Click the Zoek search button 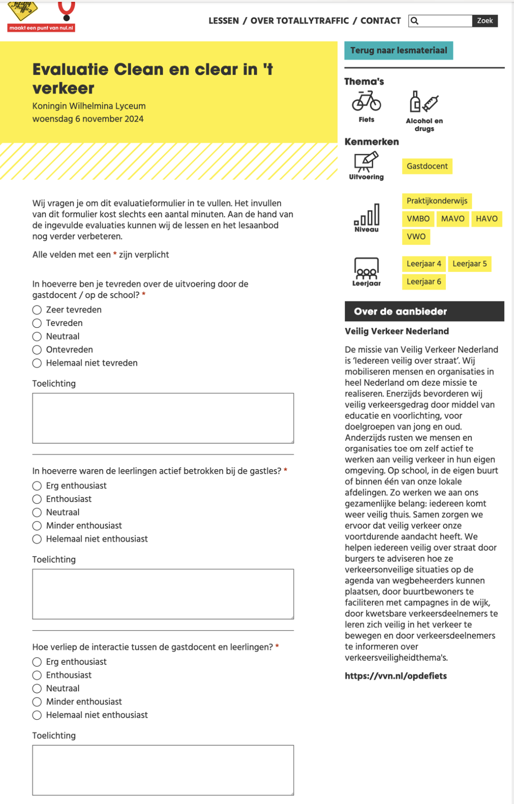click(x=485, y=21)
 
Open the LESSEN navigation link click(x=224, y=21)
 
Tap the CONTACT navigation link click(x=381, y=21)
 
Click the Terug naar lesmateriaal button click(x=399, y=50)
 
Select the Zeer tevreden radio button click(x=37, y=310)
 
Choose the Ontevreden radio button click(x=37, y=350)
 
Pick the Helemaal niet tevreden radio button click(x=37, y=363)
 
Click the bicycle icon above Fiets click(x=366, y=101)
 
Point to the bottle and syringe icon click(x=424, y=101)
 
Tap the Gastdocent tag click(x=427, y=166)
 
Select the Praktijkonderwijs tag click(x=437, y=201)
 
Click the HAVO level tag click(x=487, y=219)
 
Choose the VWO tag click(x=416, y=237)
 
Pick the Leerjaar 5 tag click(x=470, y=264)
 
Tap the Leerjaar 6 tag click(x=424, y=282)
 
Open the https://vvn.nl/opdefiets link click(x=396, y=676)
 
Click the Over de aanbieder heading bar click(x=424, y=312)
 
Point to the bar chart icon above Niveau click(x=367, y=214)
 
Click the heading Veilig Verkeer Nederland click(x=397, y=332)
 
